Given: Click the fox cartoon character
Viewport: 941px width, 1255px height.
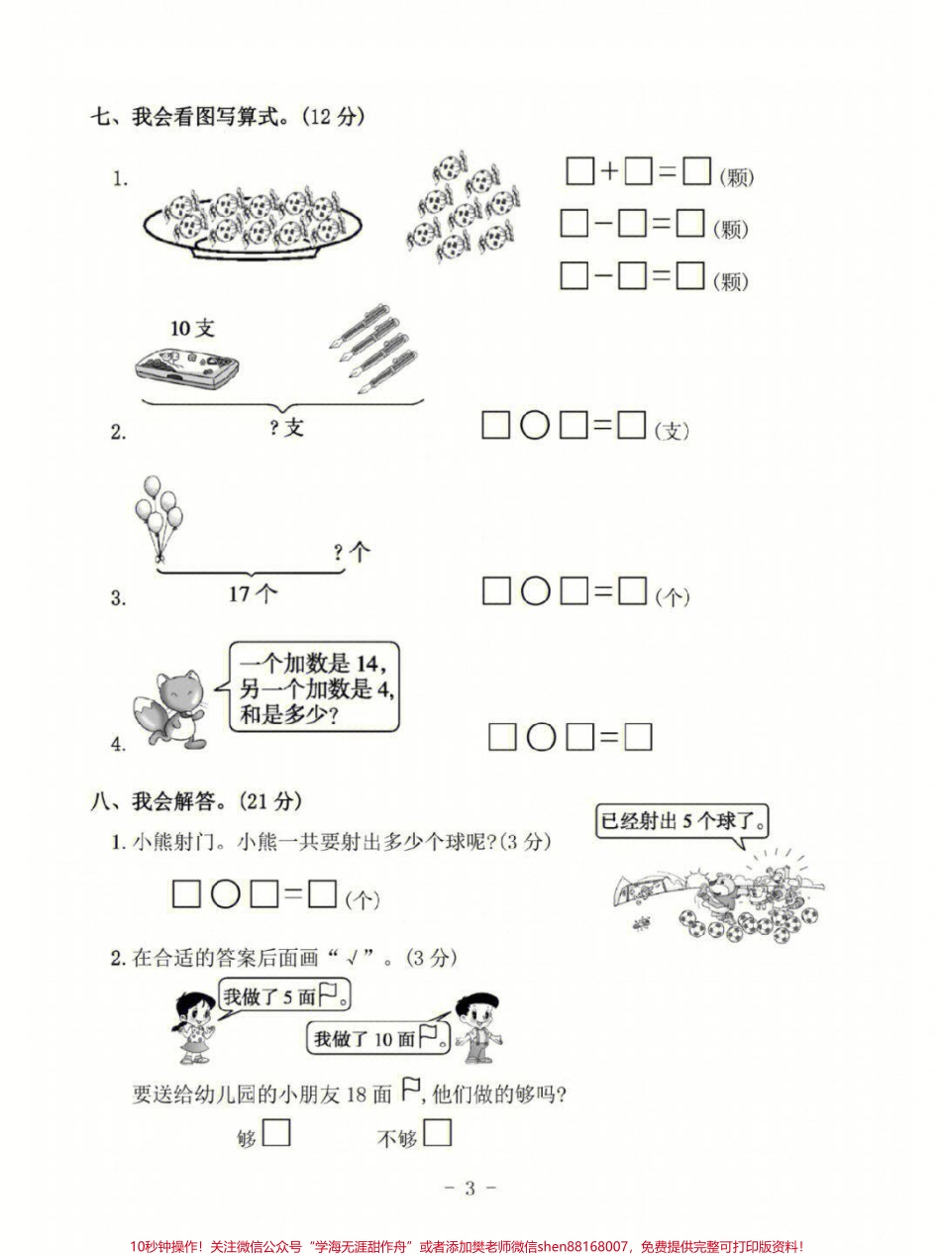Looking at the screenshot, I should coord(170,705).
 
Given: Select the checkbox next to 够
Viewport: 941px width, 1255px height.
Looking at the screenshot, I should coord(276,1132).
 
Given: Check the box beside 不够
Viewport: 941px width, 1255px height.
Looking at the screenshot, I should coord(437,1132).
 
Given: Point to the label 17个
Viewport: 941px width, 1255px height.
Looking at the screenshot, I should coord(253,594).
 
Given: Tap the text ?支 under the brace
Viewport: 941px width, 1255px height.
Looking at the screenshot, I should coord(285,428).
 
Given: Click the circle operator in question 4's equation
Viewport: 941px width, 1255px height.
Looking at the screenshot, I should coord(541,737).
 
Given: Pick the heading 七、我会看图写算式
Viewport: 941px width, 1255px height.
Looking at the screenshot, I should coord(228,117).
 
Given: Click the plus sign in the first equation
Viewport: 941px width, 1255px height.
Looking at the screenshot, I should coord(609,172).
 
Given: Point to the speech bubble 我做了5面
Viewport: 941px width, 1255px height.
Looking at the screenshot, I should coord(283,995).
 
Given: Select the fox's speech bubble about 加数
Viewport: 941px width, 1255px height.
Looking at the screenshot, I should coord(315,686).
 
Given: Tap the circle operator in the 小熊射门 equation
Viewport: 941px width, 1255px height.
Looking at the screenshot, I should coord(226,894).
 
